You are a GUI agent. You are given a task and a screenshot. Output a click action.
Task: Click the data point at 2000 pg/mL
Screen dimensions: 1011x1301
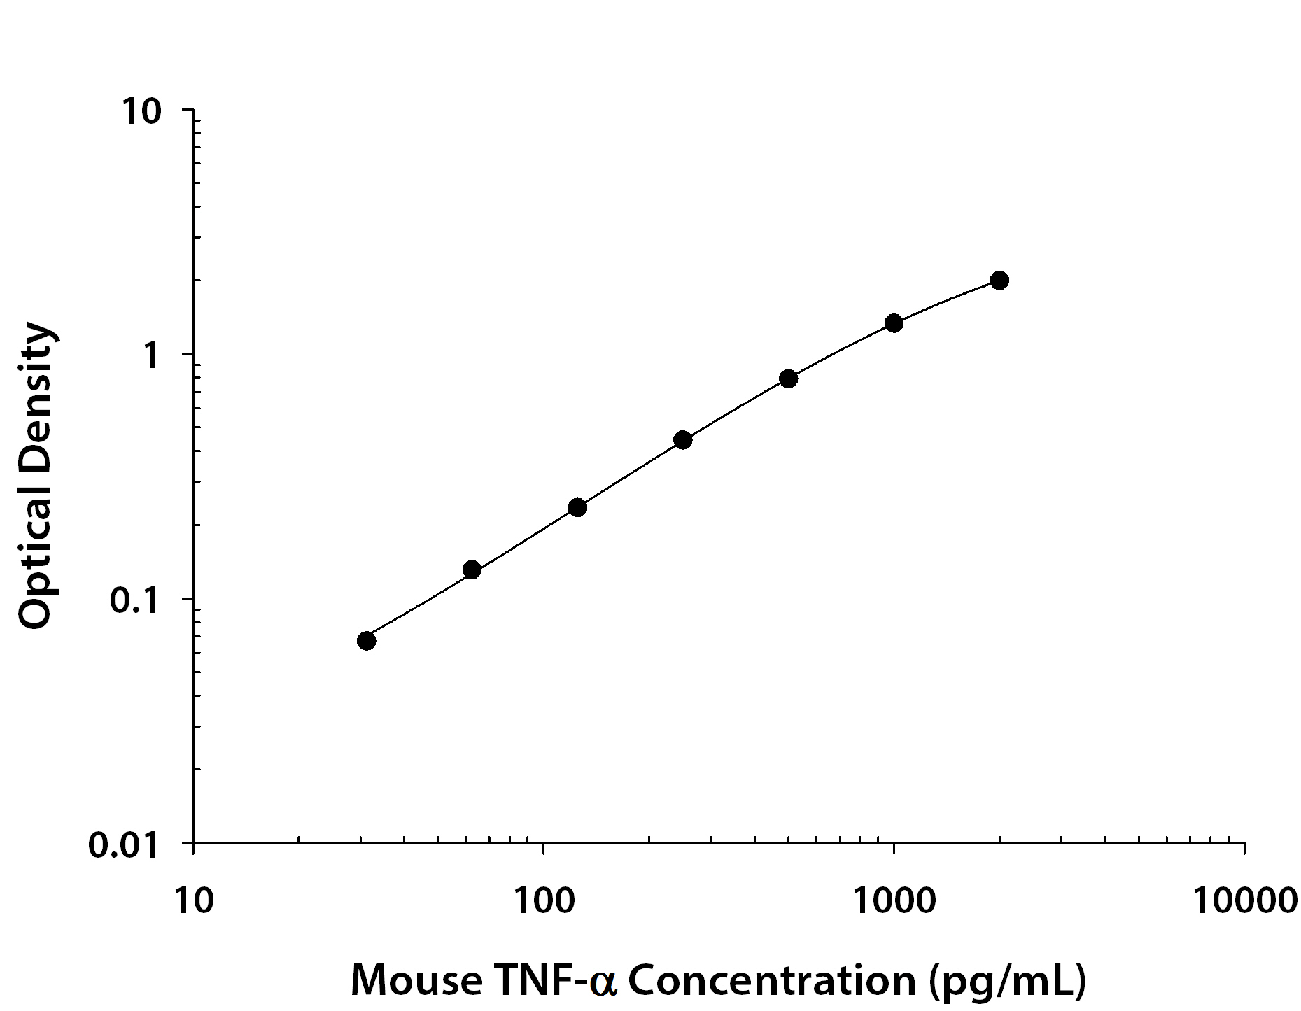(999, 281)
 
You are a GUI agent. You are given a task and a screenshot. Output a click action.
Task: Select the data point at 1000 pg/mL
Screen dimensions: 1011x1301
(894, 323)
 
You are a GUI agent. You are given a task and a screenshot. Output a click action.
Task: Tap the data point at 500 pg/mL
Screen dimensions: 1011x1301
(788, 379)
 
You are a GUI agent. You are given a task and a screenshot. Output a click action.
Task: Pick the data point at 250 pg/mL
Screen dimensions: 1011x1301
(683, 440)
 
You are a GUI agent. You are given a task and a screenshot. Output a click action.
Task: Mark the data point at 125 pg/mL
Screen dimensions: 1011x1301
(577, 507)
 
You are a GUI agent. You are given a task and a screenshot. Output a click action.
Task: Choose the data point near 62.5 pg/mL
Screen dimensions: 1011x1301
(472, 570)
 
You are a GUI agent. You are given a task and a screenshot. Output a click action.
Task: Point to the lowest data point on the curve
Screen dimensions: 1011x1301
(366, 640)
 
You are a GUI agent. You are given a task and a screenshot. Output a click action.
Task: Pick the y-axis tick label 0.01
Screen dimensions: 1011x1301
(125, 845)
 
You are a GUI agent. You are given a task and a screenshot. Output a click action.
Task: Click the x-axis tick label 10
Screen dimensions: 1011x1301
(193, 901)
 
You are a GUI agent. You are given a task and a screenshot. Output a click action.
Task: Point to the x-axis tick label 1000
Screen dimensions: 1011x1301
(894, 901)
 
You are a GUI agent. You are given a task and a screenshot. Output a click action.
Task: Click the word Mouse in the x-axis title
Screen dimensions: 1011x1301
(415, 980)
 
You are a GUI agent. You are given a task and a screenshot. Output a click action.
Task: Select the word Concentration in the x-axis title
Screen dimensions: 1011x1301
(772, 980)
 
